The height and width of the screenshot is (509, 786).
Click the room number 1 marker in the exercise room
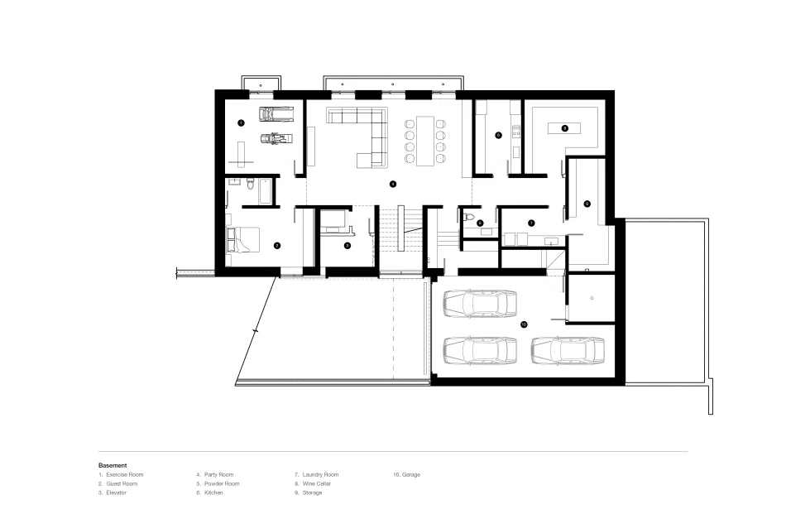pyautogui.click(x=241, y=122)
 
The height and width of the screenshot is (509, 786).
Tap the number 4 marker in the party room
pyautogui.click(x=393, y=183)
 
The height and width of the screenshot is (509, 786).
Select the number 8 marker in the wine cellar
pyautogui.click(x=564, y=128)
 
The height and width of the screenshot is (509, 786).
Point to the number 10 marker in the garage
pyautogui.click(x=524, y=324)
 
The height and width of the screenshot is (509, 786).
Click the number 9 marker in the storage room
pyautogui.click(x=587, y=203)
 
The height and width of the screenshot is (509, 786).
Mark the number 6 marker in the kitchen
pyautogui.click(x=499, y=135)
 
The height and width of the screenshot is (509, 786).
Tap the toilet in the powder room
pyautogui.click(x=469, y=217)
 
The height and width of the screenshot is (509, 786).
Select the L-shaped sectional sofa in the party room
pyautogui.click(x=364, y=132)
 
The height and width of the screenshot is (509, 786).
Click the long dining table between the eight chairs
pyautogui.click(x=423, y=140)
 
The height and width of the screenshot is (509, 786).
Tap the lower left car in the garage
pyautogui.click(x=480, y=350)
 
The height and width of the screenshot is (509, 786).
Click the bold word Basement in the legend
pyautogui.click(x=113, y=465)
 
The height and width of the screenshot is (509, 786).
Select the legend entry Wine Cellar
pyautogui.click(x=319, y=483)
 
